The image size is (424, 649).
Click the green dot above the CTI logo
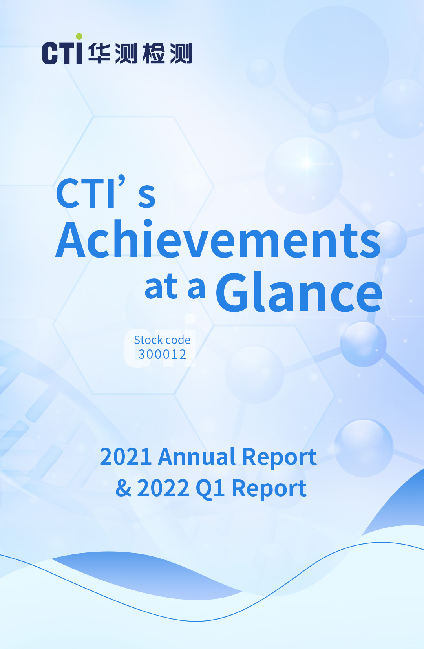click(79, 37)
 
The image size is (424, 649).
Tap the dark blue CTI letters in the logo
click(62, 52)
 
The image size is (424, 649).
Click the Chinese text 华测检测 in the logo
click(140, 53)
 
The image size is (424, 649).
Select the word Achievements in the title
click(218, 239)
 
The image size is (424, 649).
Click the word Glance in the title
click(299, 292)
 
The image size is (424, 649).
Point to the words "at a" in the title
click(175, 286)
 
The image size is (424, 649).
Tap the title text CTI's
click(106, 192)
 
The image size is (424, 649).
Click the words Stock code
click(162, 340)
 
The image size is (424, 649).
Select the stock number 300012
click(162, 355)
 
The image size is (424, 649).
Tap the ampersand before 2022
click(123, 488)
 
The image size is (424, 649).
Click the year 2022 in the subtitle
click(163, 488)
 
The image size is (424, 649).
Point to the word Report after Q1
click(269, 490)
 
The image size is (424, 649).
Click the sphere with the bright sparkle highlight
click(303, 175)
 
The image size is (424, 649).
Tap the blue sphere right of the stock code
click(363, 344)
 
